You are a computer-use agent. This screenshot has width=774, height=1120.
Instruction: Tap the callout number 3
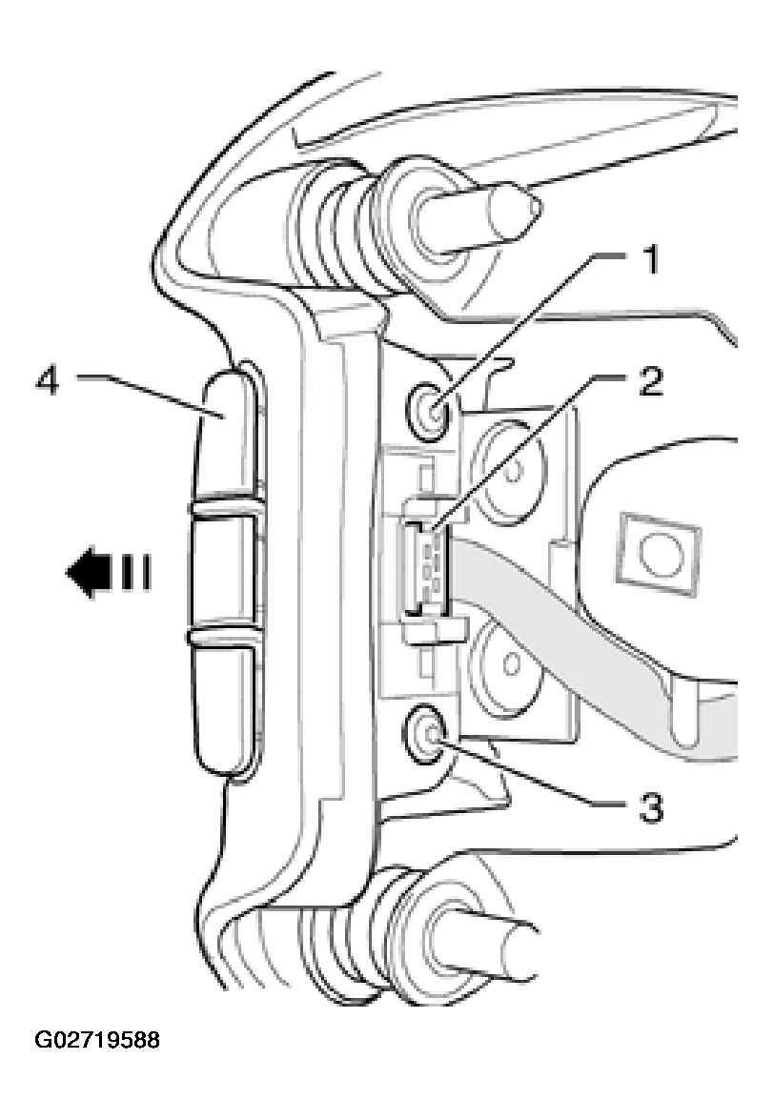(x=650, y=809)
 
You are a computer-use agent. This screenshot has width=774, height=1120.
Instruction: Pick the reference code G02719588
(x=97, y=1039)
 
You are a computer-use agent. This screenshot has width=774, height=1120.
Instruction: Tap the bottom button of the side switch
(x=225, y=707)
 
